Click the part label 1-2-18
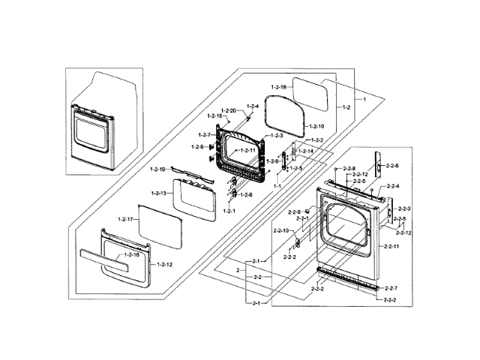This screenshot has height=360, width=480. [x=278, y=87]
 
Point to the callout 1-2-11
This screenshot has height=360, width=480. [x=248, y=150]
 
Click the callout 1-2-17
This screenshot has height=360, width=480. [x=125, y=219]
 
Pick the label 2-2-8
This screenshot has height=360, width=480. [x=347, y=168]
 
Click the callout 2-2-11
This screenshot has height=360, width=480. [x=391, y=246]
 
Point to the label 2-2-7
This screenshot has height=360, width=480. [x=391, y=288]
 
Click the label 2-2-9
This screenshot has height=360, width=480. [x=293, y=212]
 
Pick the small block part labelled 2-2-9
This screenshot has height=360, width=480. [x=307, y=211]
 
